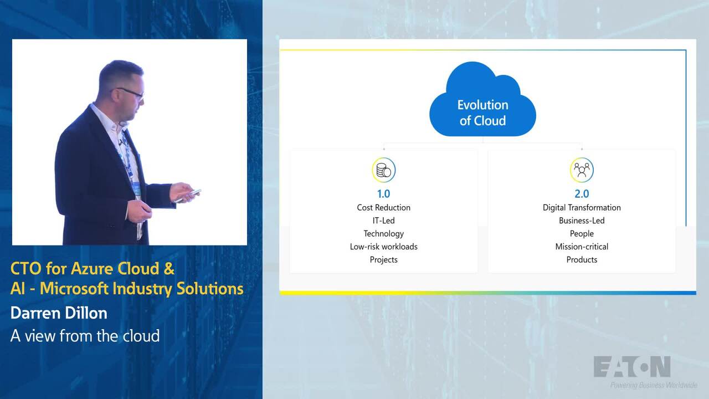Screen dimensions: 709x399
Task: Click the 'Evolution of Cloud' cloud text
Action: [x=482, y=112]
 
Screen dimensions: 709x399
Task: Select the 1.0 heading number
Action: [x=384, y=194]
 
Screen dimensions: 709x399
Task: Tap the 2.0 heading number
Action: [x=582, y=194]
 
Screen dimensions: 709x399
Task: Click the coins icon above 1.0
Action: [x=384, y=170]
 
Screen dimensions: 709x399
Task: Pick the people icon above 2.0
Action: [x=582, y=170]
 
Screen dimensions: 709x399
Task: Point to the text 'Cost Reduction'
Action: [x=384, y=207]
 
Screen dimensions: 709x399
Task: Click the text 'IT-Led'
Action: [x=384, y=221]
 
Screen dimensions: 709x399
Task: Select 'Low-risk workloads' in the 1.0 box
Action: [x=384, y=247]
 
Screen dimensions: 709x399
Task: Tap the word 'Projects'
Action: [x=384, y=260]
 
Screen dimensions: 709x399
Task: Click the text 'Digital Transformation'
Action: [x=582, y=208]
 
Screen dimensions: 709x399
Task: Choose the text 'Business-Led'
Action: [x=582, y=221]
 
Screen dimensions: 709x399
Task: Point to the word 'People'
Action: [x=582, y=234]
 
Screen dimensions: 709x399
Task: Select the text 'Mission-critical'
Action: [x=582, y=247]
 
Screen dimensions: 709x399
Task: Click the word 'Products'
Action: [x=582, y=260]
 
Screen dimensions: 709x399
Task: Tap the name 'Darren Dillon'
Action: [x=59, y=313]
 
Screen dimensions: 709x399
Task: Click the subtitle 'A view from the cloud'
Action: [x=85, y=336]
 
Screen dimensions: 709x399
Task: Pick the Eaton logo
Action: [x=632, y=367]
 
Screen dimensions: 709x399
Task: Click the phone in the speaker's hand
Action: [x=189, y=196]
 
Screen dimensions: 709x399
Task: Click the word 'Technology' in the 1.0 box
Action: [x=384, y=234]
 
